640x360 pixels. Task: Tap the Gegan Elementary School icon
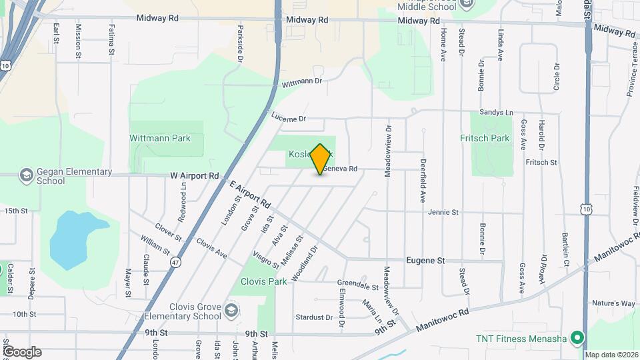coord(27,175)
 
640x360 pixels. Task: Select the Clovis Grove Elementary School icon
coord(231,311)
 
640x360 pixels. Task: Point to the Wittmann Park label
coord(160,139)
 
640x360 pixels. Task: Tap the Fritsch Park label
coord(485,139)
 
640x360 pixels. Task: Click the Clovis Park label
coord(264,281)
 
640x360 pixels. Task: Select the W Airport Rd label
coord(194,175)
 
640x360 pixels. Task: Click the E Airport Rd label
coord(250,194)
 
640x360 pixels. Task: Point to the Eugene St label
coord(426,261)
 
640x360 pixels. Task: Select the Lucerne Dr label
coord(288,118)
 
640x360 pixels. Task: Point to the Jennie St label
coord(443,212)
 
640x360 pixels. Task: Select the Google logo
coord(22,351)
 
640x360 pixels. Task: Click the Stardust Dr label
coord(314,317)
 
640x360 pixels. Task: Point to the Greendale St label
coord(358,288)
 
